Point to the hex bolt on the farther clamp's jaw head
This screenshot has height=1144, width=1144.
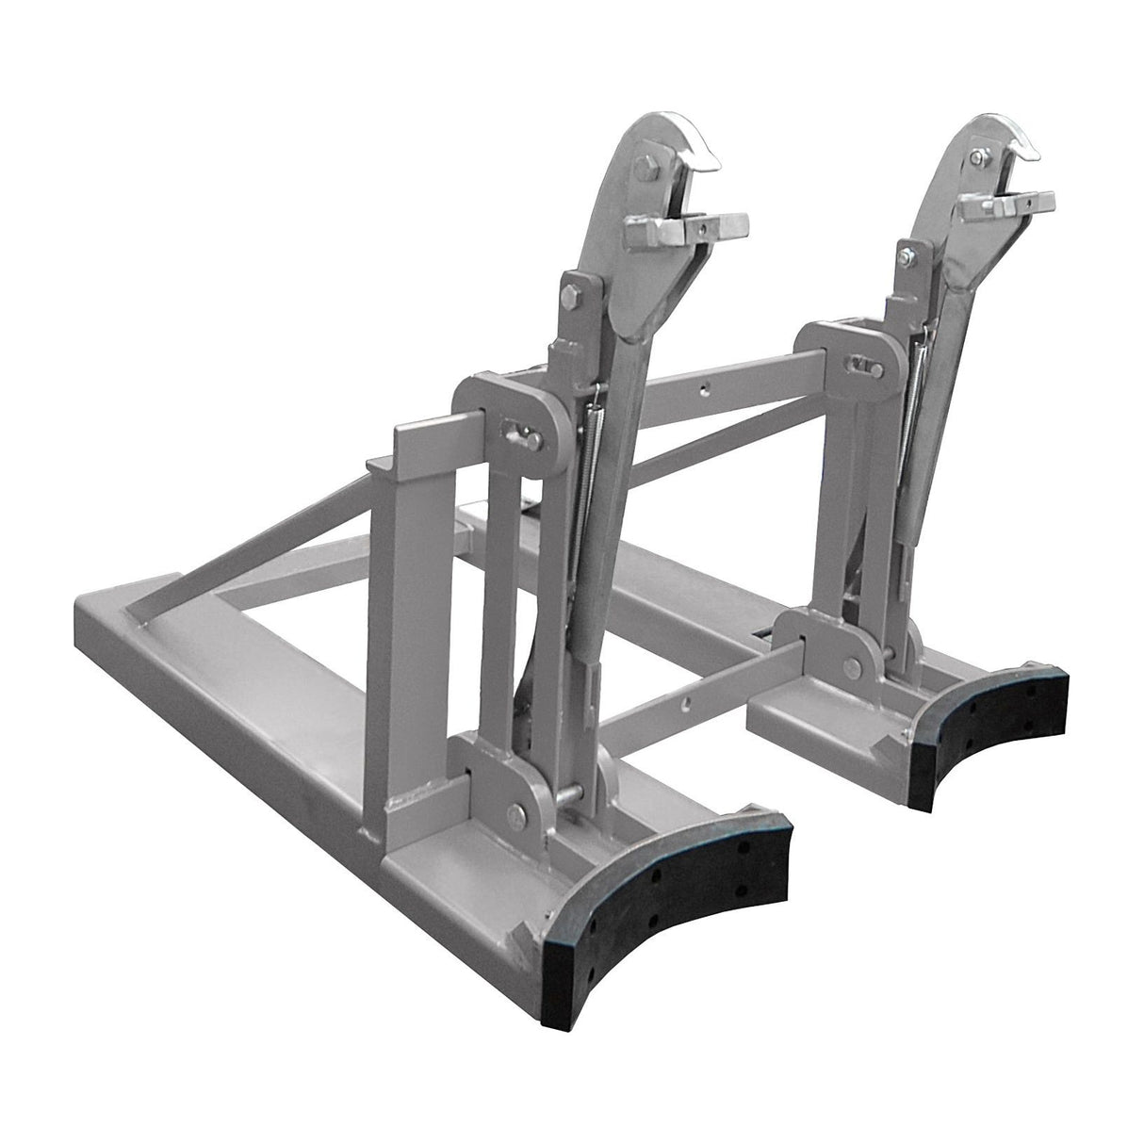[x=977, y=156]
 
